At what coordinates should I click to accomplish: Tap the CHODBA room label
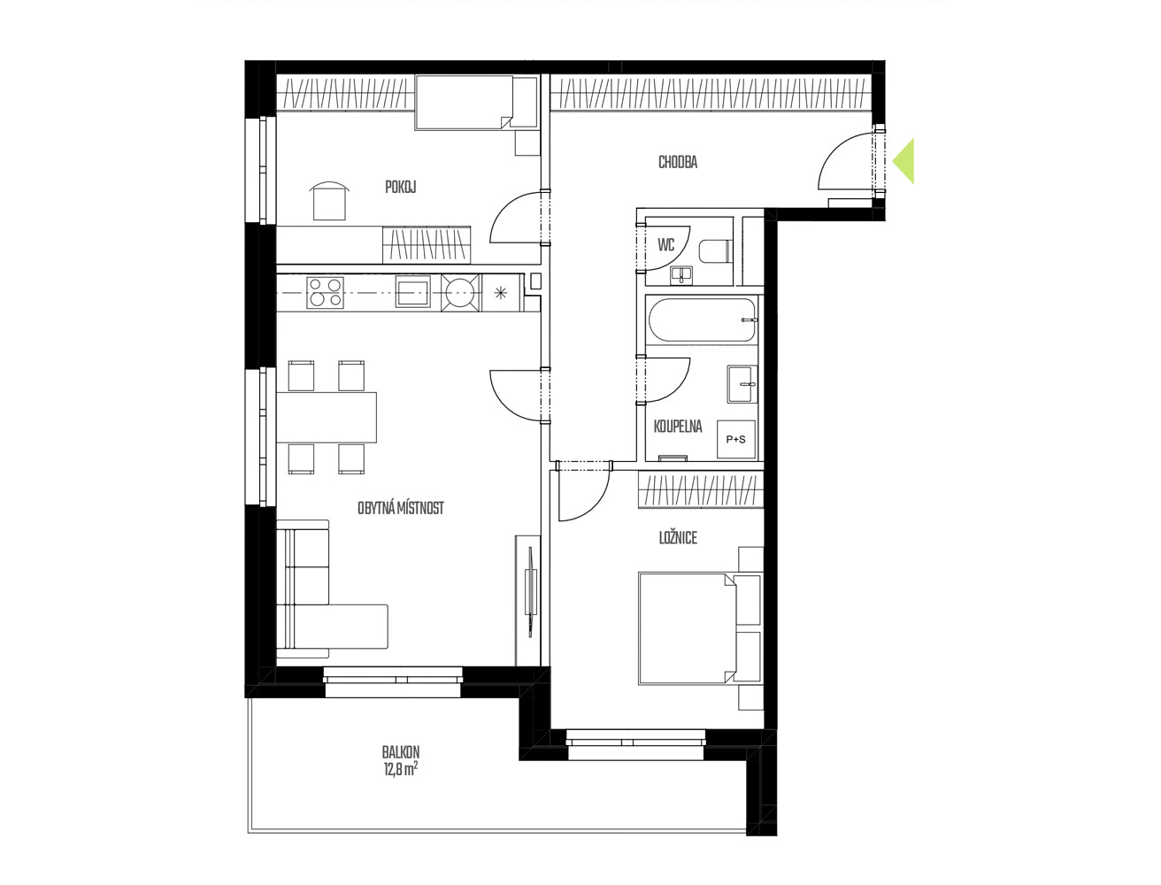(x=678, y=162)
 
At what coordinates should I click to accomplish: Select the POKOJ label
(x=400, y=187)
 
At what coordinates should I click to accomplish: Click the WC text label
(x=666, y=245)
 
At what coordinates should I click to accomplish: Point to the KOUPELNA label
(x=678, y=427)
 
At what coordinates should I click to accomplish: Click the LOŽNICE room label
(x=678, y=538)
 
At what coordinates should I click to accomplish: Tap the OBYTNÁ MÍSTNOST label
(x=401, y=508)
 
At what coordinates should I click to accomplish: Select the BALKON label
(x=401, y=751)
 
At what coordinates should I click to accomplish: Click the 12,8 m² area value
(x=400, y=769)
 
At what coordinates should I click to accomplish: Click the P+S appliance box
(x=735, y=439)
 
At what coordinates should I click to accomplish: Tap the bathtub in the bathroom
(x=703, y=320)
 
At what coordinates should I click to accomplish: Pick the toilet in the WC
(x=715, y=251)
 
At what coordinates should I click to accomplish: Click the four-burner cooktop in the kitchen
(x=325, y=293)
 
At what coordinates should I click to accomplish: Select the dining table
(x=327, y=417)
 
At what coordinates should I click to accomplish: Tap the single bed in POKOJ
(x=476, y=102)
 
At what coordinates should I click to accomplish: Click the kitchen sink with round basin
(x=461, y=293)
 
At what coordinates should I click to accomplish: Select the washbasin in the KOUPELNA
(x=742, y=384)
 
